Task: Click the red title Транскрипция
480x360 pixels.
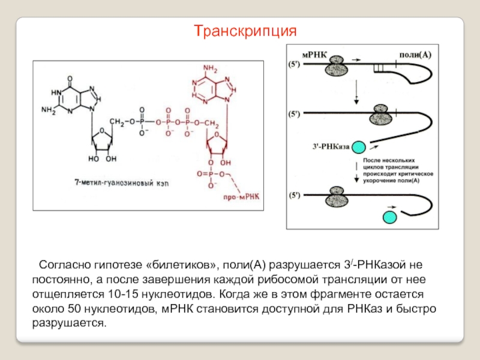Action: [x=245, y=31]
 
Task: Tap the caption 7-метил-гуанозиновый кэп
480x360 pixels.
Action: [x=122, y=183]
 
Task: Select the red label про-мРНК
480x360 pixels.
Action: [x=241, y=197]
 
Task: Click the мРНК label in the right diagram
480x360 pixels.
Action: [x=314, y=55]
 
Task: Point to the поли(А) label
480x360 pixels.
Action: [x=415, y=55]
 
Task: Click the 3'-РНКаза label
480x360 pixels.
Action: [x=331, y=146]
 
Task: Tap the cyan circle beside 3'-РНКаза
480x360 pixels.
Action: [x=359, y=147]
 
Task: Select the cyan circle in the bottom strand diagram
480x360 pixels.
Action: [x=389, y=217]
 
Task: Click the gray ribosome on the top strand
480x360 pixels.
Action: [x=337, y=66]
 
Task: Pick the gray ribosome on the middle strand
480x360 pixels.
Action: [x=380, y=115]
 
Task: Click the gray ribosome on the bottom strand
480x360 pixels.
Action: [x=337, y=197]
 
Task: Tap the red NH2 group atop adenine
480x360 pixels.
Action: [x=211, y=68]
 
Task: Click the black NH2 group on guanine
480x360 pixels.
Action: [x=49, y=110]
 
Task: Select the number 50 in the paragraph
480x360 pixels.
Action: [x=74, y=309]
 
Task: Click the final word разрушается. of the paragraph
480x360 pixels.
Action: [x=70, y=323]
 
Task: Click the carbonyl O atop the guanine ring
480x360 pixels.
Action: [x=70, y=79]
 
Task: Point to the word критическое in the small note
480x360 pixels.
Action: [x=416, y=174]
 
